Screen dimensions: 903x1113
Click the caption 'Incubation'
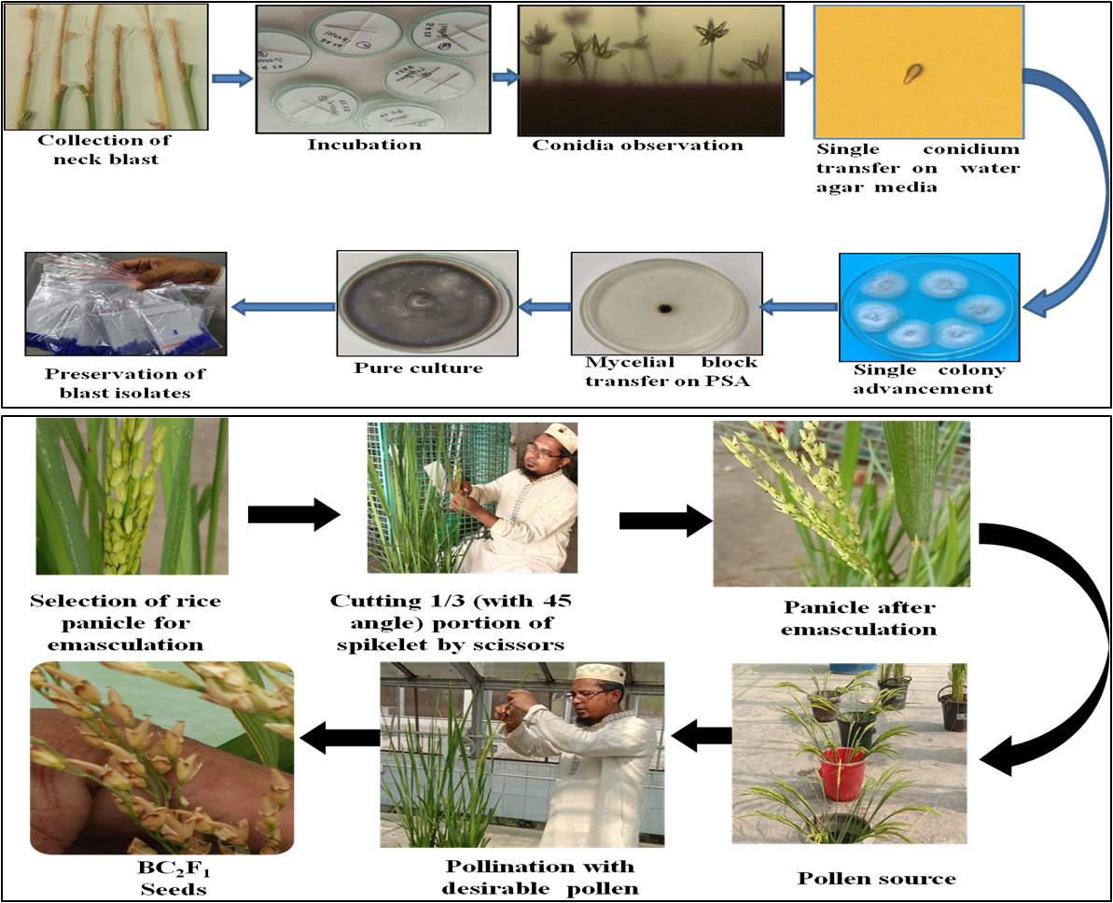[x=365, y=145]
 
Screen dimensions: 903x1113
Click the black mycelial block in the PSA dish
[x=665, y=309]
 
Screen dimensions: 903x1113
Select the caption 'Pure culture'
[x=418, y=368]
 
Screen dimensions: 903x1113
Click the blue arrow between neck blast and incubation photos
[x=232, y=78]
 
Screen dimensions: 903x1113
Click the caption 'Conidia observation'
[x=638, y=145]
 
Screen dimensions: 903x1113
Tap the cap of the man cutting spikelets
[x=537, y=434]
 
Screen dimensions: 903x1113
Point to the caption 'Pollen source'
[x=877, y=878]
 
